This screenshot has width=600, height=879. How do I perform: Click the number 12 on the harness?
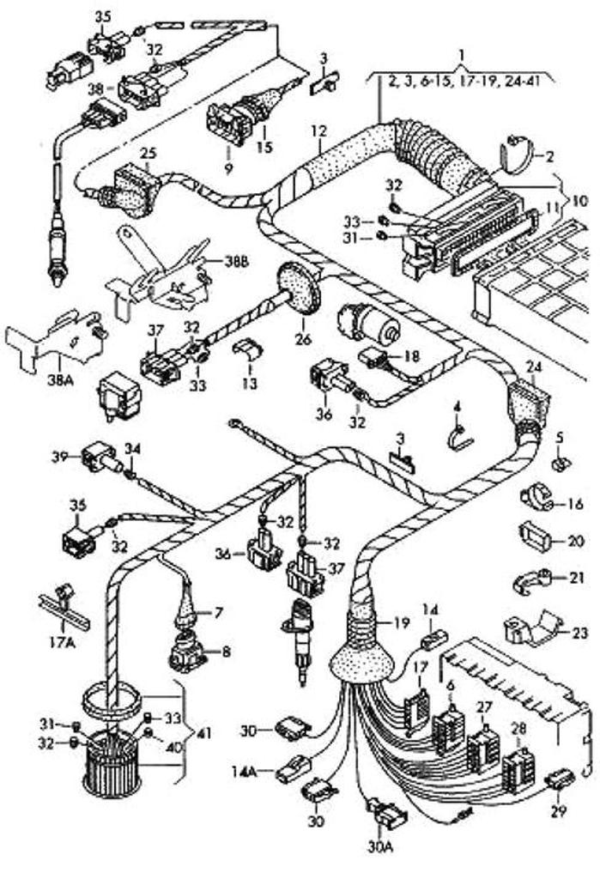point(319,133)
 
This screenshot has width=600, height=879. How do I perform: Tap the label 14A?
point(244,771)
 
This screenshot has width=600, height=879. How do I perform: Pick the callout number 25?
point(148,154)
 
